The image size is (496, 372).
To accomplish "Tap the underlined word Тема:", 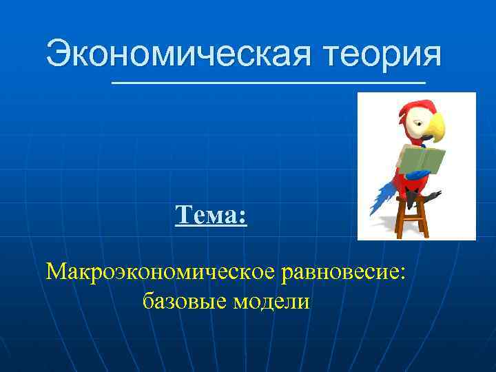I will (x=211, y=216).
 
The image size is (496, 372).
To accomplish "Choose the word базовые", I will (x=184, y=300).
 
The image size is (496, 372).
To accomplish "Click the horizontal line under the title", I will (x=269, y=83).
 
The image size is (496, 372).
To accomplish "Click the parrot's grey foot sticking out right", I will (x=433, y=196).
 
